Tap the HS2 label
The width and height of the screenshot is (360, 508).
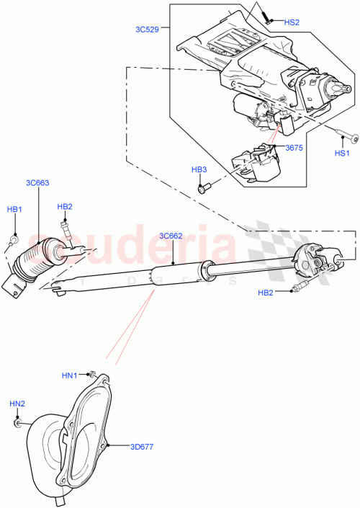tap(292, 22)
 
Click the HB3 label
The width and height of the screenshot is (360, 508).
tap(199, 169)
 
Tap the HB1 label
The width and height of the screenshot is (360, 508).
tap(14, 209)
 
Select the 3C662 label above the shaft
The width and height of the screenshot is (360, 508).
tap(173, 235)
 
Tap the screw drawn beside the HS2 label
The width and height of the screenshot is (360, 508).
tap(266, 17)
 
